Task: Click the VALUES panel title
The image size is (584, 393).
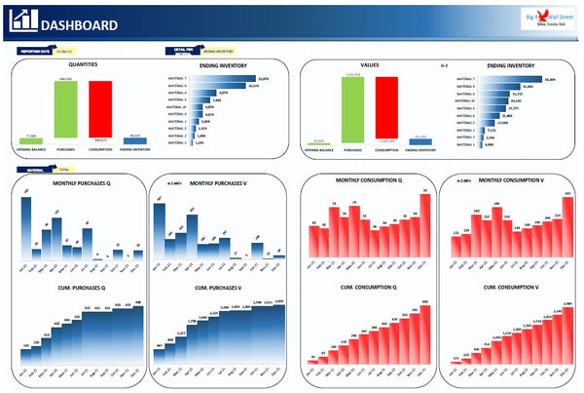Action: (x=369, y=64)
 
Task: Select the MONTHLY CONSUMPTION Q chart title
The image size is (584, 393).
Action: (x=365, y=181)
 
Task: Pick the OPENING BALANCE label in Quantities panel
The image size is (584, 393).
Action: (x=31, y=149)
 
